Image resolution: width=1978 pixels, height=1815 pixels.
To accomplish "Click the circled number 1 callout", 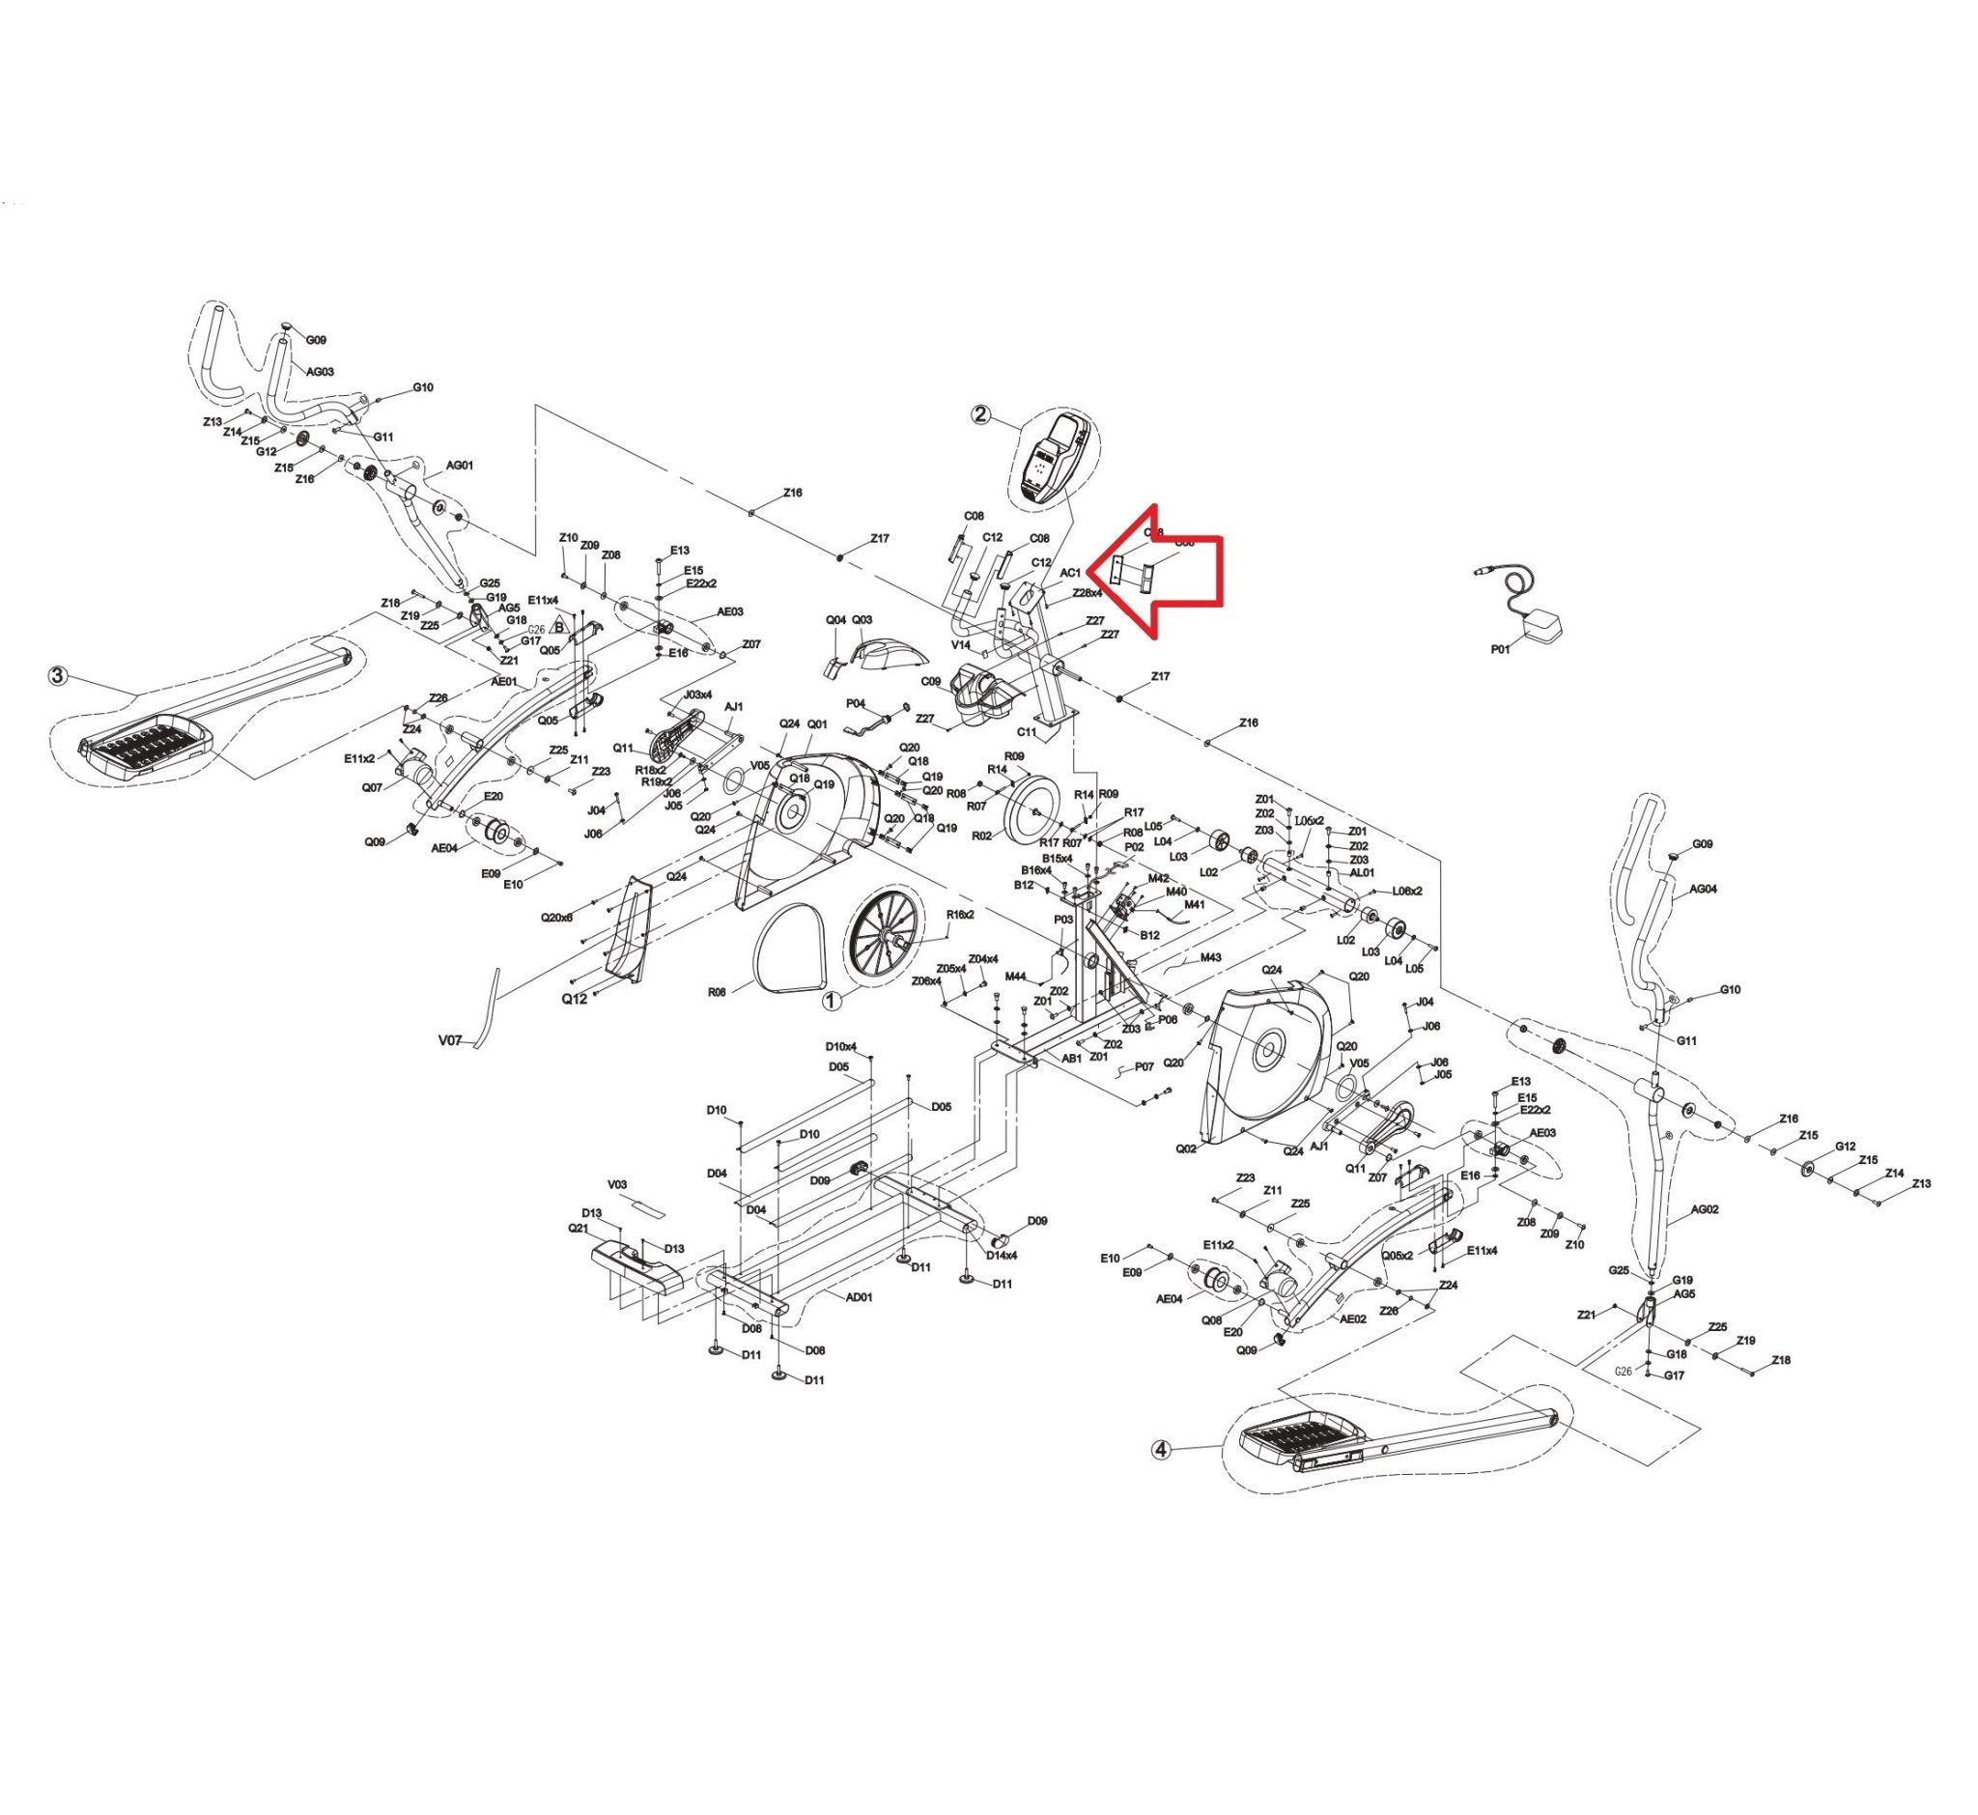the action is point(832,1001).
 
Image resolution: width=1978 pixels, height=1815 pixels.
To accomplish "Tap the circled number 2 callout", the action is point(981,413).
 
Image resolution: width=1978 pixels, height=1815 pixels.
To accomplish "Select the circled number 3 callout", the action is point(59,676).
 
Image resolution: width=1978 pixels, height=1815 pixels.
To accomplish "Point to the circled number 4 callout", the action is point(1162,1450).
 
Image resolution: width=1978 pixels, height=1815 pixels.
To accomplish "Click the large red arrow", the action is point(1169,574).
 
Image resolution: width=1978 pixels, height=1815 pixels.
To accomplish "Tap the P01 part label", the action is point(1500,648).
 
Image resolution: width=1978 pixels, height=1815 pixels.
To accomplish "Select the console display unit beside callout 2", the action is point(1055,459).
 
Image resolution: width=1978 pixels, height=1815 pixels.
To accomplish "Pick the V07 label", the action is point(450,1038).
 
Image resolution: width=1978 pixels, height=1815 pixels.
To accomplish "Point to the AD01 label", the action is point(859,1296).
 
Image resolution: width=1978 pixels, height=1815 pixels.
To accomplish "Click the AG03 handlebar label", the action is point(321,372).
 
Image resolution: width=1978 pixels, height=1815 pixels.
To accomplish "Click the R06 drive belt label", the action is point(717,992).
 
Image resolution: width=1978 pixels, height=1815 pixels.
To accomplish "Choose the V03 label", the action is point(618,1184).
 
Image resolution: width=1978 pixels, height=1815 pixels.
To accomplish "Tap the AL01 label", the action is point(1361,872).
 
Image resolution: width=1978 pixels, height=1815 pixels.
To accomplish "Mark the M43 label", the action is point(1210,957).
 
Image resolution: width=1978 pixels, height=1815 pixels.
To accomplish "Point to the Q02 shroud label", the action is point(1186,1149).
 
